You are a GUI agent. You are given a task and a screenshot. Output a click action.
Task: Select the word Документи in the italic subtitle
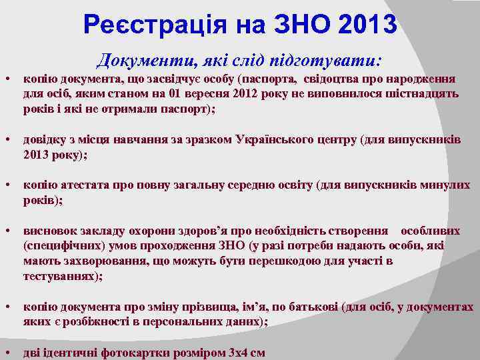pyautogui.click(x=137, y=61)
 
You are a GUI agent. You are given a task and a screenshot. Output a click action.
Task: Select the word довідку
pyautogui.click(x=45, y=141)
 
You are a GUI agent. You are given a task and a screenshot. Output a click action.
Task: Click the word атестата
pyautogui.click(x=79, y=185)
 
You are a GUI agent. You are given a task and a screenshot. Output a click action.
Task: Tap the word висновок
pyautogui.click(x=49, y=231)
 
